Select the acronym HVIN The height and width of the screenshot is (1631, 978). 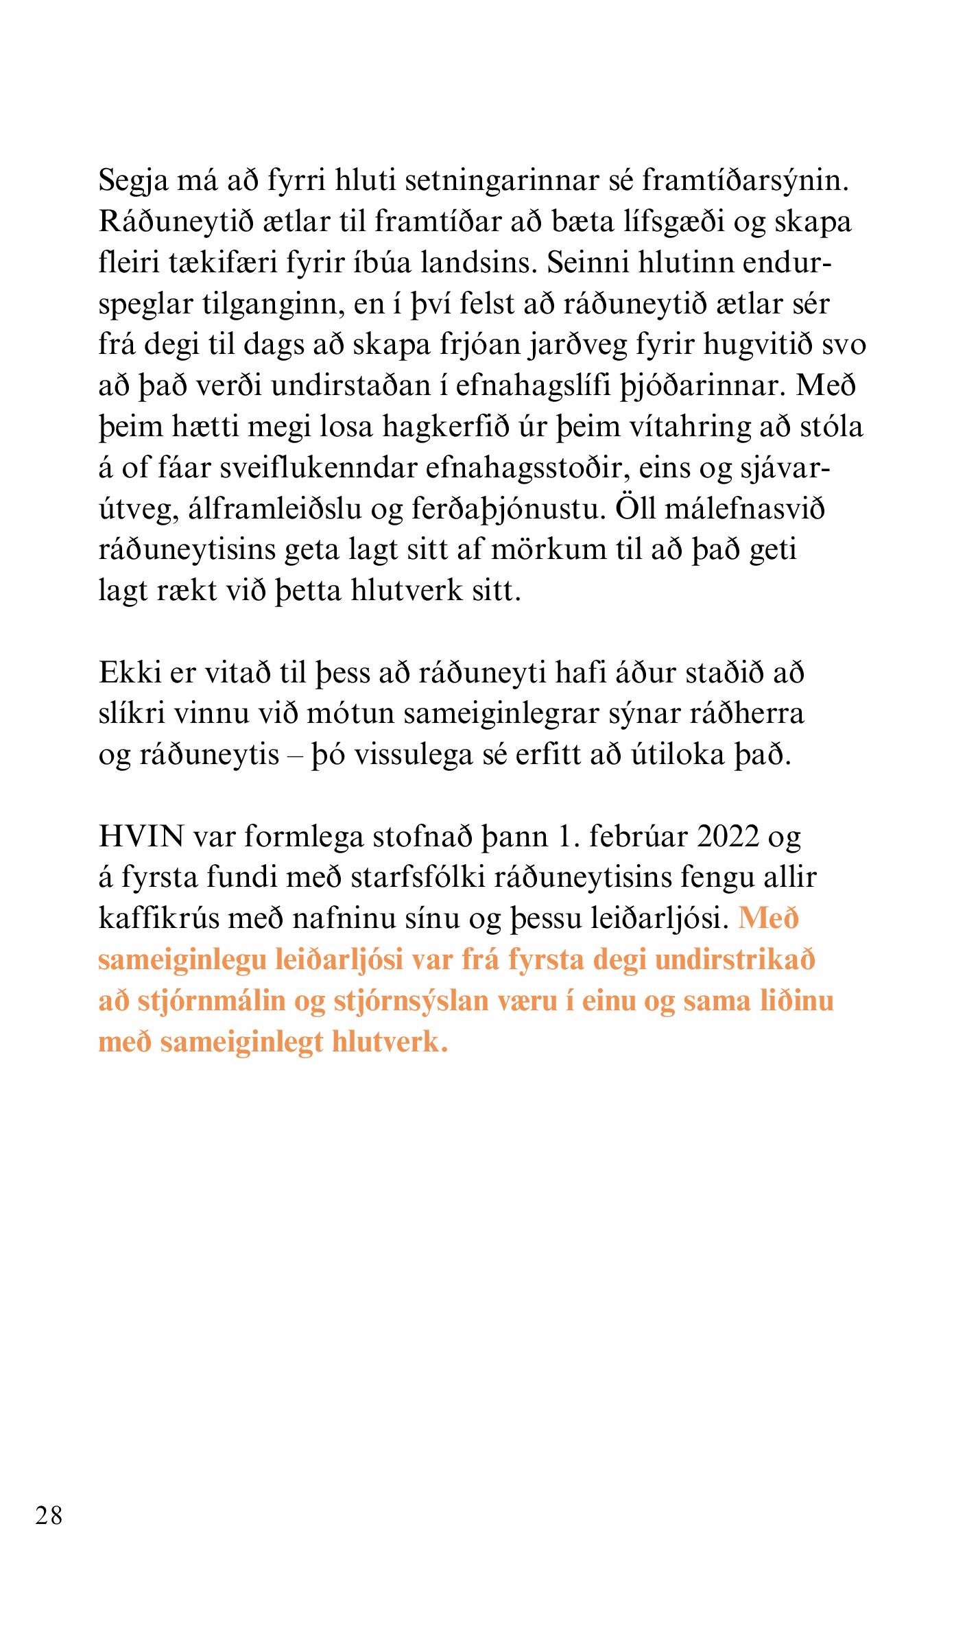pyautogui.click(x=142, y=837)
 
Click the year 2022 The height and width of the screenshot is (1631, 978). pyautogui.click(x=728, y=837)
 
